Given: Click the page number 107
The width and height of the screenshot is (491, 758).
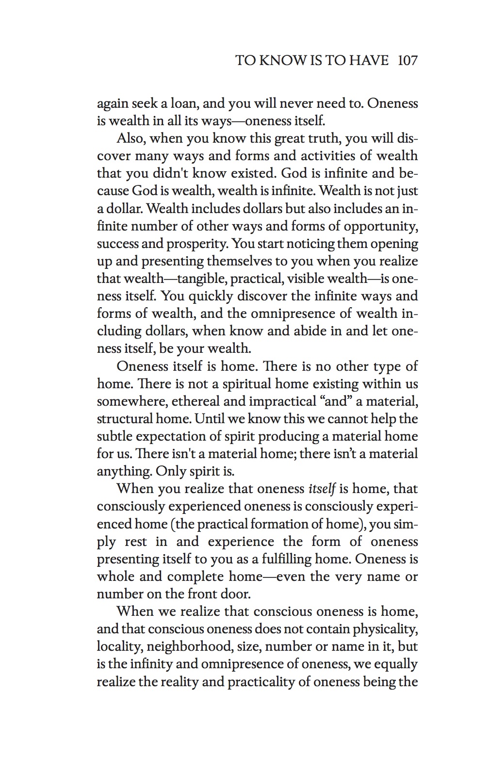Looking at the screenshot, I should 407,60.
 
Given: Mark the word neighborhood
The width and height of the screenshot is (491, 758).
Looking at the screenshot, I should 196,646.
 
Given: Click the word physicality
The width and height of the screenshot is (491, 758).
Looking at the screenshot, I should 385,629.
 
